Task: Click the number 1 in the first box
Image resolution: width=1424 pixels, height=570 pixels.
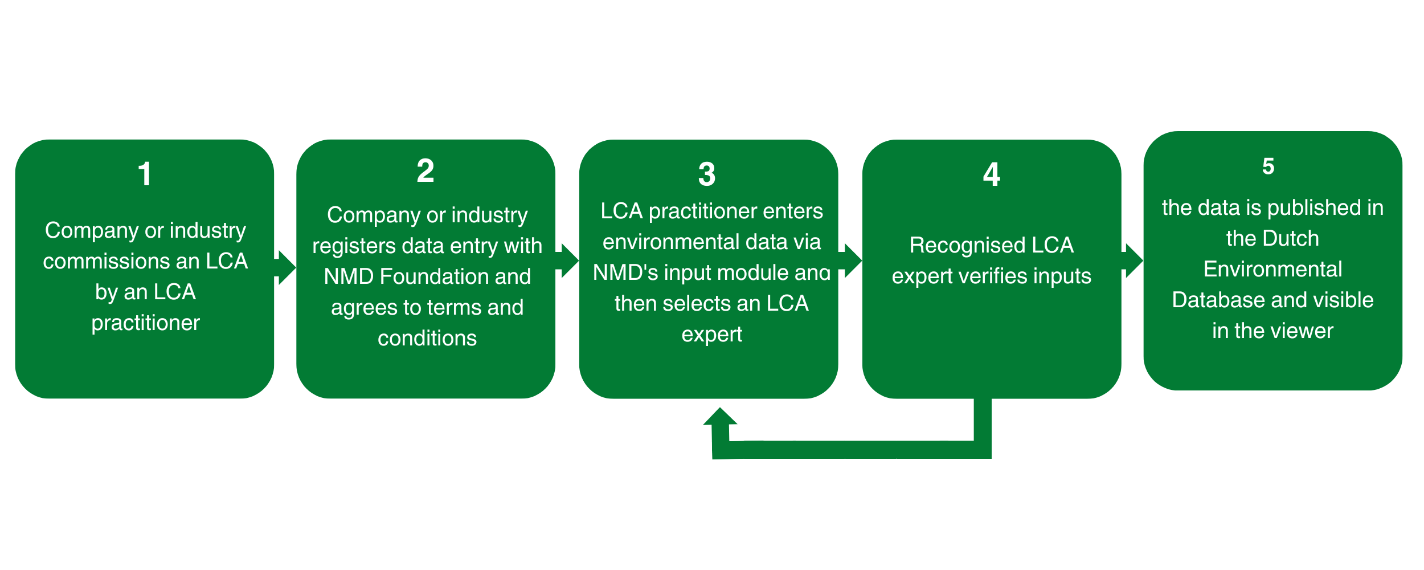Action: [145, 174]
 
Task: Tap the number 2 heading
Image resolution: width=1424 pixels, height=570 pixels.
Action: [425, 171]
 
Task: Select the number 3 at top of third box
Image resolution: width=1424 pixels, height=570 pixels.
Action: [706, 174]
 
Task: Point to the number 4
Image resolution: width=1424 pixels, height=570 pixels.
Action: [991, 174]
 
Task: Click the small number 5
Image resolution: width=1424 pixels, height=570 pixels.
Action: [1268, 166]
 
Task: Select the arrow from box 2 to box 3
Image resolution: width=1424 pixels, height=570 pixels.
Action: [568, 261]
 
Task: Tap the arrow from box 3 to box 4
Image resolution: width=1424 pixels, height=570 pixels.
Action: [851, 261]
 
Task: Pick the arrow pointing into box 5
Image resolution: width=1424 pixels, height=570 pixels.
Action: [1133, 261]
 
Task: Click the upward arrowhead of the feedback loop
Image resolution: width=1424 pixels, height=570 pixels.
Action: [720, 417]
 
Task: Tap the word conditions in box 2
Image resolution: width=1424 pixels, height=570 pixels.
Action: [427, 338]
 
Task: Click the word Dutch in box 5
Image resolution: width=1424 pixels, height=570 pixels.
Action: [1292, 238]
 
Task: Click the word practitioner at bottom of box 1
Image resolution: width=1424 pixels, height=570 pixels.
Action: [145, 323]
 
